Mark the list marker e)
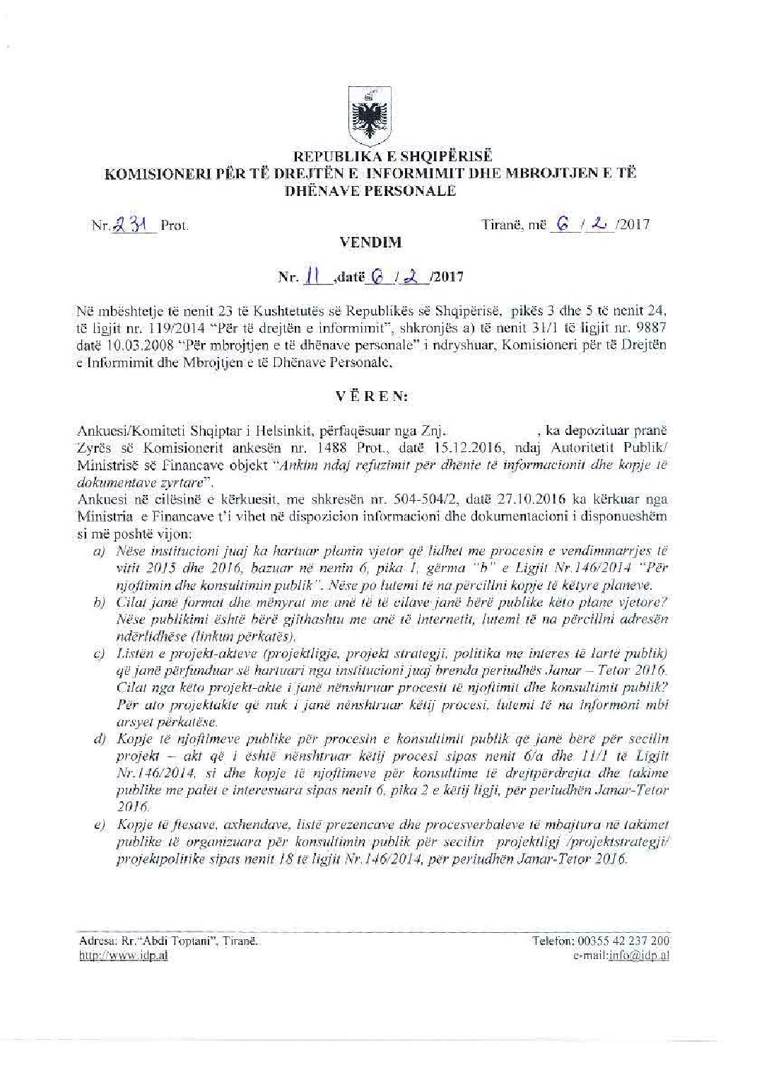coord(99,825)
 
